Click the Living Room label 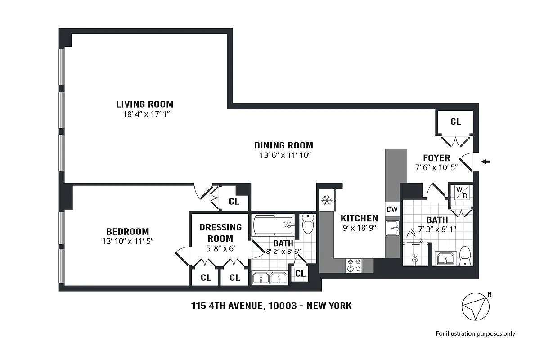tap(144, 104)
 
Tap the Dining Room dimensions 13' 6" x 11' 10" tap(283, 155)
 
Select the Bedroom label tap(125, 232)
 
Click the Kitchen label tap(359, 218)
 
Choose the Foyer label tap(436, 158)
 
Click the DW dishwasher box tap(392, 209)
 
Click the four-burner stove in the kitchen tap(353, 265)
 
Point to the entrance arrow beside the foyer tap(486, 162)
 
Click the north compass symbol tap(475, 307)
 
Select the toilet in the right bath tap(464, 256)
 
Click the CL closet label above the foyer tap(455, 121)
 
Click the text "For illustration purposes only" tap(475, 333)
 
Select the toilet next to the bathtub tap(308, 224)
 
